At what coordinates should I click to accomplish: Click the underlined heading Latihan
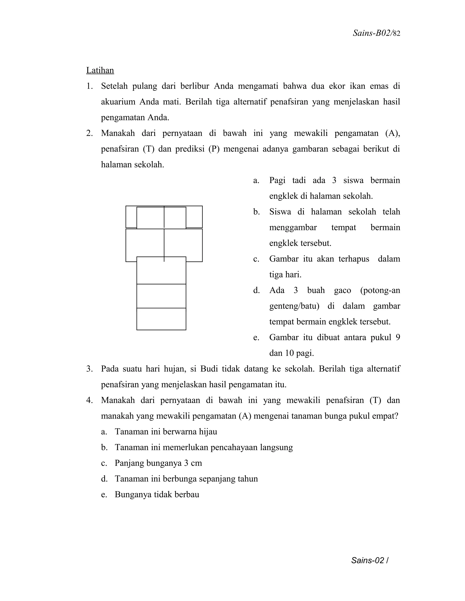pos(100,71)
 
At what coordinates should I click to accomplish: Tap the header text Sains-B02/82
pos(376,33)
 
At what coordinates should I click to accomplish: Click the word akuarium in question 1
pos(118,102)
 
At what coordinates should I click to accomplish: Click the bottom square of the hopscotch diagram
pos(161,319)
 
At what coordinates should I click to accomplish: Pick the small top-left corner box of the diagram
pos(131,217)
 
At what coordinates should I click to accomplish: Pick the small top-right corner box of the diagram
pos(194,217)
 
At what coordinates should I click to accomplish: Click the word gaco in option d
pos(342,290)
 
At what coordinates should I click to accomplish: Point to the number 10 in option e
pos(289,353)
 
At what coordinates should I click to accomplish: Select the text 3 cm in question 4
pos(193,463)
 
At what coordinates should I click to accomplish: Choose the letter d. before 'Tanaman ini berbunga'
pos(104,479)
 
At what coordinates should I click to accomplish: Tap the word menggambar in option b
pos(293,227)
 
